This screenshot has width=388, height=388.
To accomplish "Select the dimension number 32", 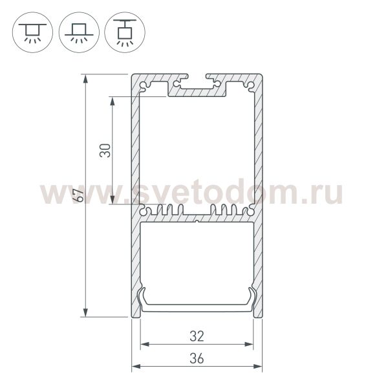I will [197, 336].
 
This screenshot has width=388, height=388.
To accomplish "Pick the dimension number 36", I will [197, 358].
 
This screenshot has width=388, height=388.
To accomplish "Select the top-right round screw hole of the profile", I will [250, 84].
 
